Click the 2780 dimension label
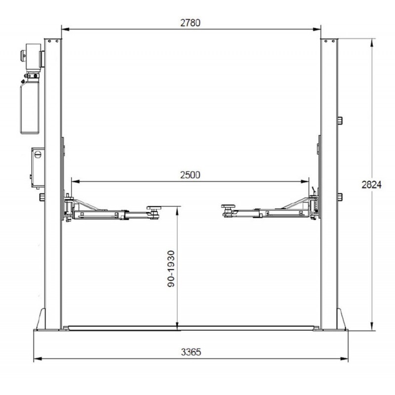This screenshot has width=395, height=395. pos(191,23)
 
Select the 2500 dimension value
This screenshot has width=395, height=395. pos(190,175)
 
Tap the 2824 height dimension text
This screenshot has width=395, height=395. pos(372,185)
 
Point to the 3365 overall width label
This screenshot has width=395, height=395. pos(191,352)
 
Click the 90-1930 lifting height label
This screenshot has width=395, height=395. pos(171,269)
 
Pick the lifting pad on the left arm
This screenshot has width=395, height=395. pos(154,208)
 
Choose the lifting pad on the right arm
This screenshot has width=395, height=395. pos(228,206)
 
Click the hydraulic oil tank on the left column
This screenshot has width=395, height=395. pos(30,107)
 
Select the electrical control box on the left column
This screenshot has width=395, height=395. pos(38,167)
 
